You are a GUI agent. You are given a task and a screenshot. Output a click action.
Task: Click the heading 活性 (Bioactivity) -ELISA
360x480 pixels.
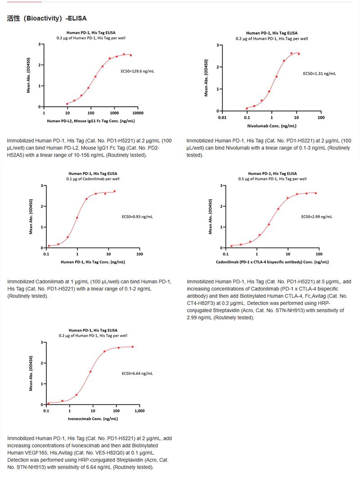[47, 18]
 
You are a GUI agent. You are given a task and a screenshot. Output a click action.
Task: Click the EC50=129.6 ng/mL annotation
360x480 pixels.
[137, 71]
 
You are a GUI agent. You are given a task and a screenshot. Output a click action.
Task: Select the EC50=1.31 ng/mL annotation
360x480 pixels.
[319, 73]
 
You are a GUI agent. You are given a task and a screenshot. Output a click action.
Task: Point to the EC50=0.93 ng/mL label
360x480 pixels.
[137, 217]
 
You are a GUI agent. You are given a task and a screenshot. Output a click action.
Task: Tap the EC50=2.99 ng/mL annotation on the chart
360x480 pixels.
[316, 217]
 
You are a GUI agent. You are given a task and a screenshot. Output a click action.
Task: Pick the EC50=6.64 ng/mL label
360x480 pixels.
[137, 373]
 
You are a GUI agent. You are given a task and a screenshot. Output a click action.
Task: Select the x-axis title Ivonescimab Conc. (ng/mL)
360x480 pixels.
[93, 418]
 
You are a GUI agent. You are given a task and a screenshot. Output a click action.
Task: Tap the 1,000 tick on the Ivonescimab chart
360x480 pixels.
[139, 411]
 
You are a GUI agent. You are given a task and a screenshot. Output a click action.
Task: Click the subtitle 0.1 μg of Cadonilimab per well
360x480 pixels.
[94, 179]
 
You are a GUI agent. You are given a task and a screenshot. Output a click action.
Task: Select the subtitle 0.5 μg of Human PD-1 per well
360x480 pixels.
[272, 179]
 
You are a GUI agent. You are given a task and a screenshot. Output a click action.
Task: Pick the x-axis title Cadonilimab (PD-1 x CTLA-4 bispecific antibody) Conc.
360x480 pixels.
[271, 262]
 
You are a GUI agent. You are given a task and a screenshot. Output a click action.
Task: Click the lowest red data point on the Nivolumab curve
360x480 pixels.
[247, 108]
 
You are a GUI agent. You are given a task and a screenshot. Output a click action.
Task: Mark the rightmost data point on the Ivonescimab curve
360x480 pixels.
[133, 347]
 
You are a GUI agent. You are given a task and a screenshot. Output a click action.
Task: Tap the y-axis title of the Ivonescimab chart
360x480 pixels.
[31, 373]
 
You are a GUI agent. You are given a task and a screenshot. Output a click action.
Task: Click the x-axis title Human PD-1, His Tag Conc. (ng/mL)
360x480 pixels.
[93, 262]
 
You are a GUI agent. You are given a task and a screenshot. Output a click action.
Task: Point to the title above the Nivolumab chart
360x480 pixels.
[272, 33]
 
